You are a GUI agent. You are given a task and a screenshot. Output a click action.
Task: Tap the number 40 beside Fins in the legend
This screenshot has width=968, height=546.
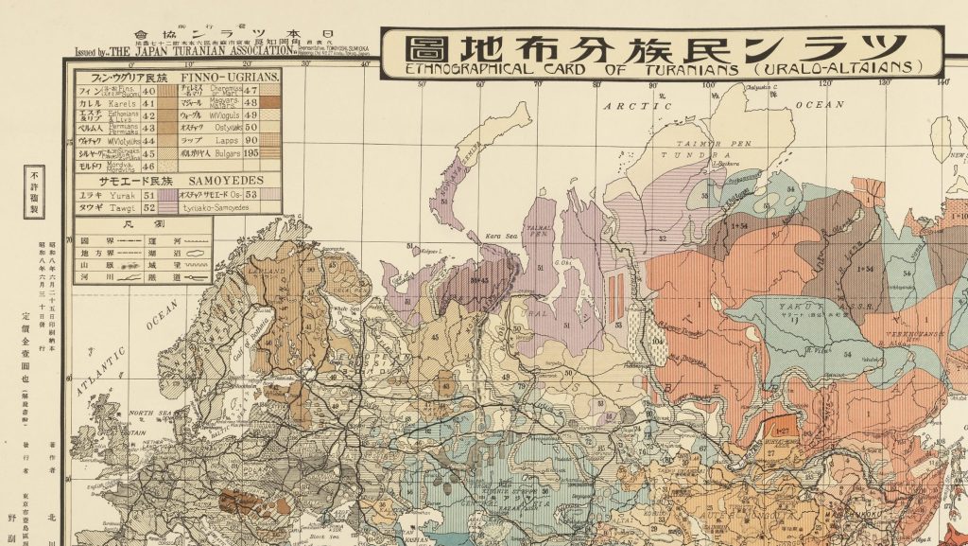pos(148,91)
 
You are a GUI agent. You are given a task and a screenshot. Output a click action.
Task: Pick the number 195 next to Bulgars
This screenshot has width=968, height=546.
pos(251,152)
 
